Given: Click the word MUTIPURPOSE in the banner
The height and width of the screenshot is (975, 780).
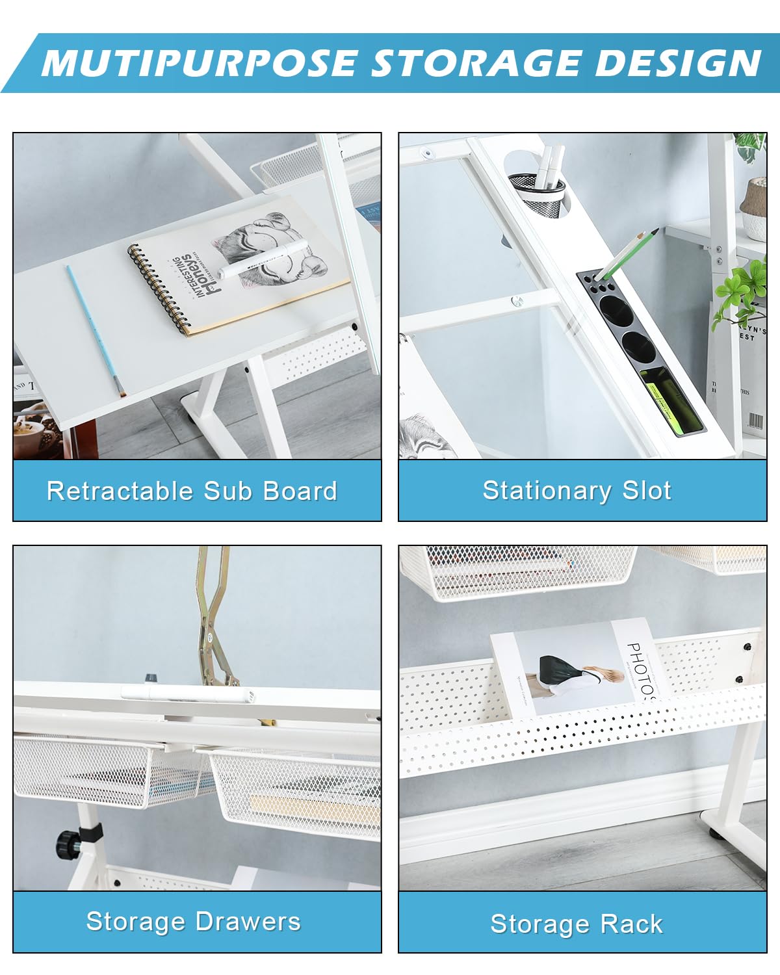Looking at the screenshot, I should (x=199, y=63).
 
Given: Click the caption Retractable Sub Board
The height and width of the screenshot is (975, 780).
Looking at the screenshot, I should (x=192, y=491).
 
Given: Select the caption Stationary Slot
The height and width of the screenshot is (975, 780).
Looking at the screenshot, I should (x=577, y=490).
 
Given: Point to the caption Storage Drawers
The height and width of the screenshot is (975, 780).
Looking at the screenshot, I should (x=194, y=921).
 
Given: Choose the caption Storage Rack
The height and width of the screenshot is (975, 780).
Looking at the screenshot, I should (x=577, y=923).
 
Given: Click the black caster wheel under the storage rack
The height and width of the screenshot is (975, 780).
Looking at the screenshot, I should (x=714, y=832).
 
